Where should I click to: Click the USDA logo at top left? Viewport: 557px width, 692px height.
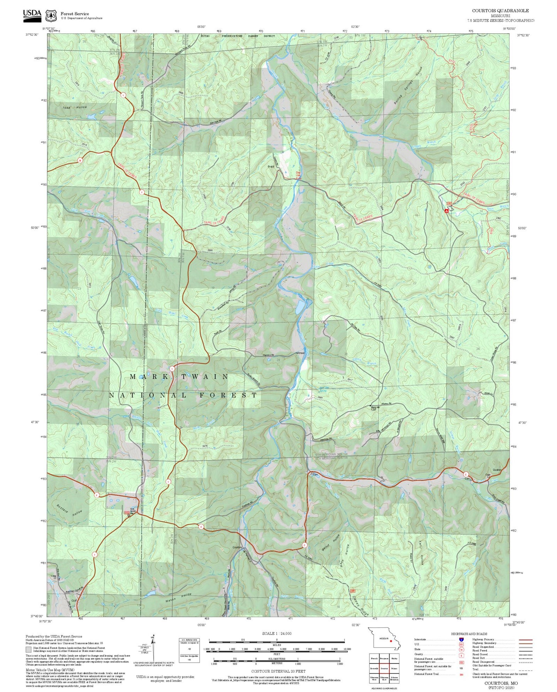(32, 14)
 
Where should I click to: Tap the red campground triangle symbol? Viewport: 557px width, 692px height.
(446, 211)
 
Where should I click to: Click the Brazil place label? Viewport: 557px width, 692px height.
(271, 167)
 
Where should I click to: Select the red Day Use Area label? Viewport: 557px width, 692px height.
(298, 176)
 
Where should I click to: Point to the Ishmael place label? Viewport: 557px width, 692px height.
(300, 353)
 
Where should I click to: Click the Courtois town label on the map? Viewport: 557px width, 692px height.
(237, 547)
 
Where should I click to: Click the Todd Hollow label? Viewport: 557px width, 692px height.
(75, 107)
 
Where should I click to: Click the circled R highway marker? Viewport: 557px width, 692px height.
(80, 160)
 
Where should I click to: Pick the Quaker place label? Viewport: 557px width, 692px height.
(497, 470)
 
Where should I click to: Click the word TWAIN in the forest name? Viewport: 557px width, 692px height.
(205, 376)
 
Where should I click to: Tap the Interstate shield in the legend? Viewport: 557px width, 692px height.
(461, 639)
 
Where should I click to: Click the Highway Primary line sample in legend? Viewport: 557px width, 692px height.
(525, 640)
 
